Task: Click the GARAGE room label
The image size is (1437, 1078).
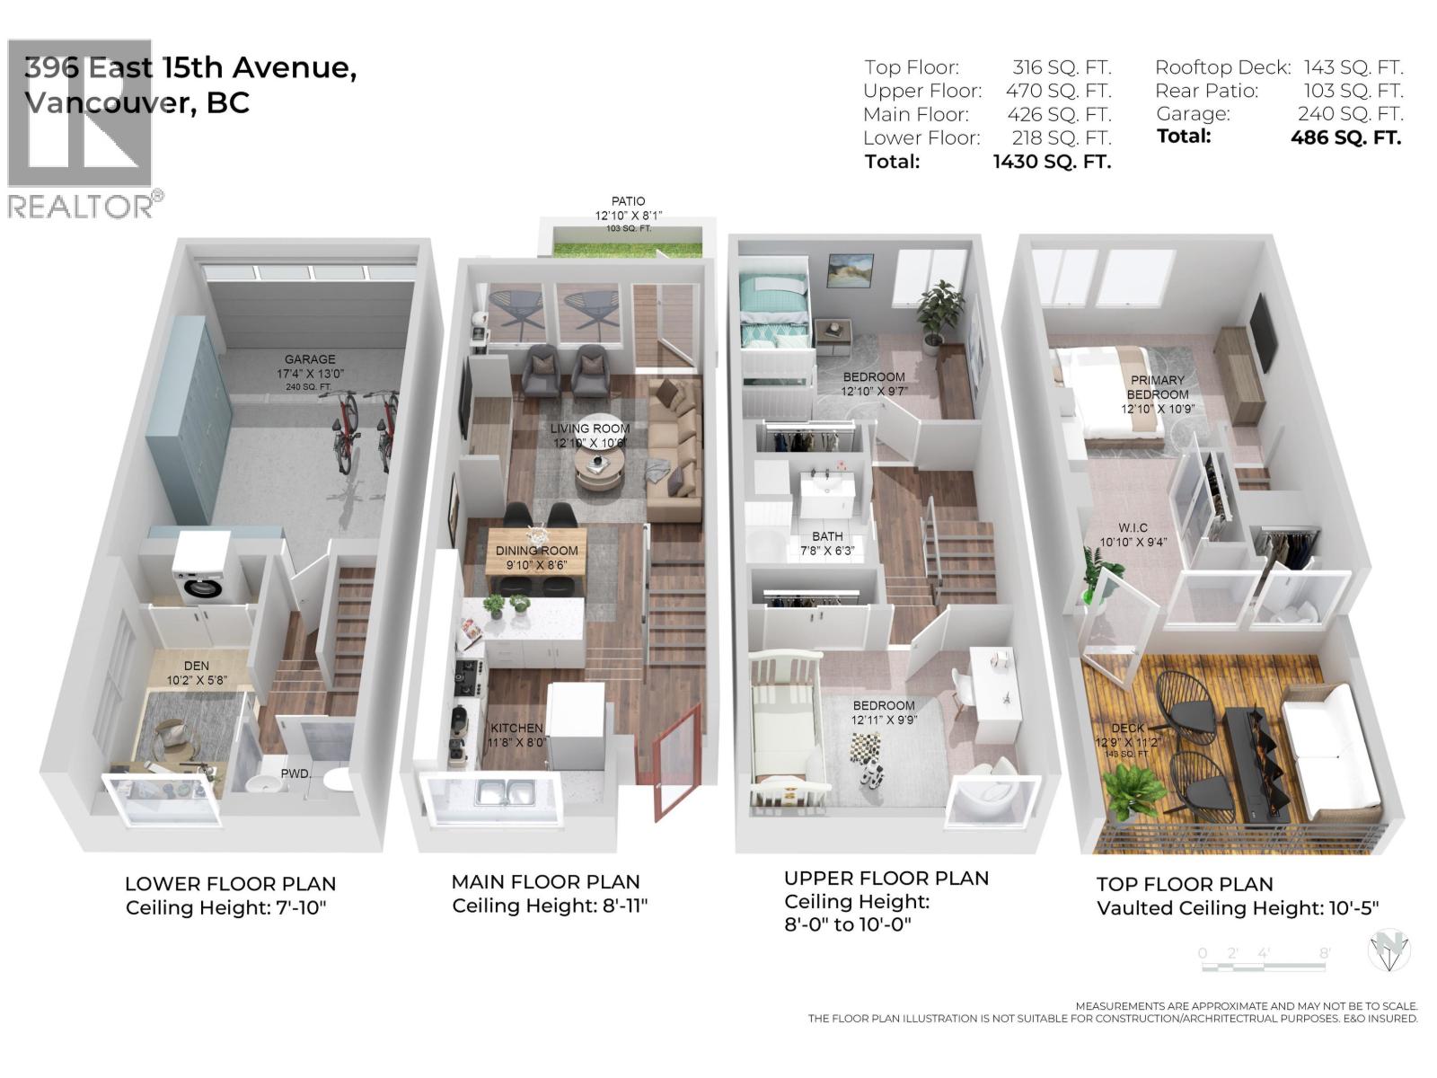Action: (x=310, y=359)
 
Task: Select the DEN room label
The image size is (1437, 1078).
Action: (x=196, y=666)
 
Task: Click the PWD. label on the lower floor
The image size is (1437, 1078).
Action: (x=295, y=773)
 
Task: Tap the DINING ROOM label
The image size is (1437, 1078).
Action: (x=537, y=551)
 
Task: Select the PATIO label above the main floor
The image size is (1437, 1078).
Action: (x=628, y=201)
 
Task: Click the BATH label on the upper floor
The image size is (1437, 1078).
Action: (x=827, y=536)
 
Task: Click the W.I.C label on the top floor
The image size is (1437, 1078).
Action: (x=1133, y=528)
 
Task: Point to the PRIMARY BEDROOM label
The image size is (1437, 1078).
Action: (x=1157, y=387)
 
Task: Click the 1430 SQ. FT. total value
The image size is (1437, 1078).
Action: (x=1052, y=162)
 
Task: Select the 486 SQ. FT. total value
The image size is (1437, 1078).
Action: (x=1345, y=137)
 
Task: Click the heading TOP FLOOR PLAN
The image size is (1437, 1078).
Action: (x=1185, y=884)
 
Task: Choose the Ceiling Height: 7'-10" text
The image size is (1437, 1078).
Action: (x=226, y=907)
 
